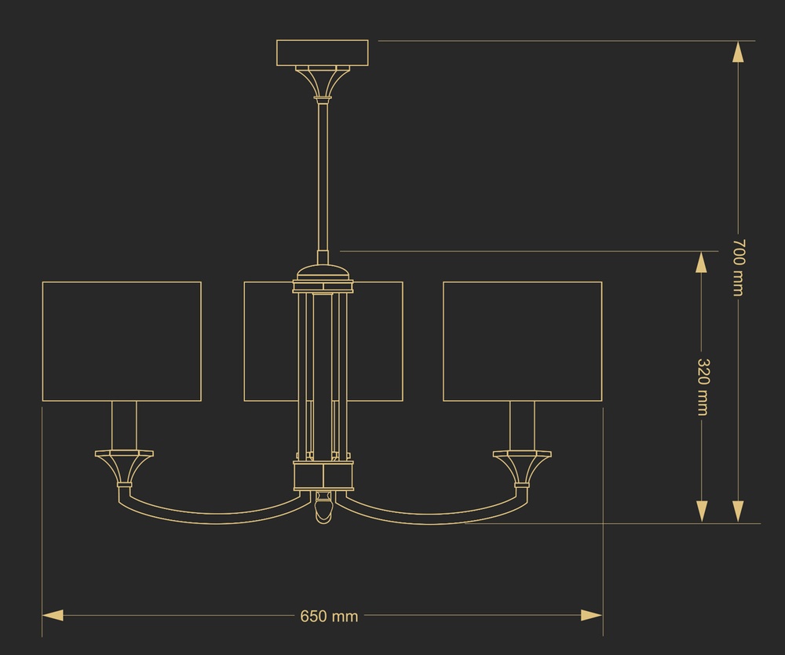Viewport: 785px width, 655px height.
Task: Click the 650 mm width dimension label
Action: [x=329, y=616]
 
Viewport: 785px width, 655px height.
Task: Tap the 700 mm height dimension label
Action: [x=739, y=267]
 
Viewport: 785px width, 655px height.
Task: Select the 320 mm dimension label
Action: [x=703, y=387]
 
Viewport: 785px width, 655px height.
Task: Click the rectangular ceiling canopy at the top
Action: [x=323, y=53]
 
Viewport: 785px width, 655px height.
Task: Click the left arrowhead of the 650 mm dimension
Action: [x=53, y=616]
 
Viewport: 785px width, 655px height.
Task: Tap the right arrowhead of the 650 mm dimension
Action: [x=592, y=616]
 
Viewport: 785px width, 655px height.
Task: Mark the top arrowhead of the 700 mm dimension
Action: [x=738, y=52]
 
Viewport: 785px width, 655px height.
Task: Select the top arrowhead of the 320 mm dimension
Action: [x=702, y=262]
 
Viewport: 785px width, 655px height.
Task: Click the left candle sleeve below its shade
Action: [x=124, y=426]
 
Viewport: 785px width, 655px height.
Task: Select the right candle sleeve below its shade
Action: [x=522, y=426]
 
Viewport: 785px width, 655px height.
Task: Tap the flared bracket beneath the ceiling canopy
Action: [x=323, y=81]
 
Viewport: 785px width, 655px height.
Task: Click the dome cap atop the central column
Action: [x=323, y=273]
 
